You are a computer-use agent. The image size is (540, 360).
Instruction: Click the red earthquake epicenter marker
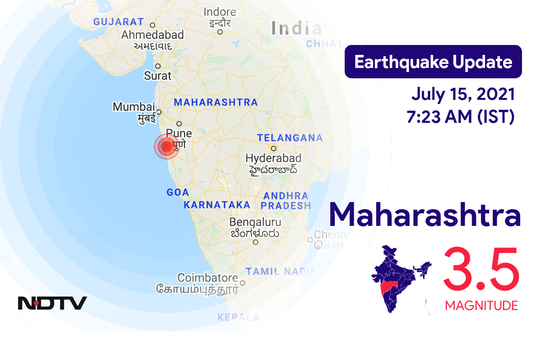pos(166,146)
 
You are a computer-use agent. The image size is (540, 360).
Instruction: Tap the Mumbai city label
pos(134,107)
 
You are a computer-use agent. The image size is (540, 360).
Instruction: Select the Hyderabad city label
pos(273,158)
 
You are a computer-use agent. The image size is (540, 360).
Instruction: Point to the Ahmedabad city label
pos(153,35)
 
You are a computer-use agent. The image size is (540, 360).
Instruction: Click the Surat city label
pos(157,76)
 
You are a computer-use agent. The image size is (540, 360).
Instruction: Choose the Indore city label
pos(220,12)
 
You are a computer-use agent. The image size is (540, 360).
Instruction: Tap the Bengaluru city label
pos(255,222)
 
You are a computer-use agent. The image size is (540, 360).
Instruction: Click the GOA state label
pos(177,193)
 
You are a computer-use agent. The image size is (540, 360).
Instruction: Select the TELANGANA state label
pos(290,138)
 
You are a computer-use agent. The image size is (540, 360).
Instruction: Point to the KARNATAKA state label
pos(217,205)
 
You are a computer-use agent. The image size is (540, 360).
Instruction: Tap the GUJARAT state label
pos(118,22)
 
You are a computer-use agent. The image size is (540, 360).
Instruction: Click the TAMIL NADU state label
pos(279,271)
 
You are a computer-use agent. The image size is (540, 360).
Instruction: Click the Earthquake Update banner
pos(433,62)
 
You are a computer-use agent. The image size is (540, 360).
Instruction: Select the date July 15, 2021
pos(463,94)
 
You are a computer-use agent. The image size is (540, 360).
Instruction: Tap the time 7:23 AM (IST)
pos(460,117)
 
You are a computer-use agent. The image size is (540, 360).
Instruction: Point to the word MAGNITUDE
pos(481,306)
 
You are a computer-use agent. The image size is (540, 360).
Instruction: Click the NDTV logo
pos(52,303)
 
